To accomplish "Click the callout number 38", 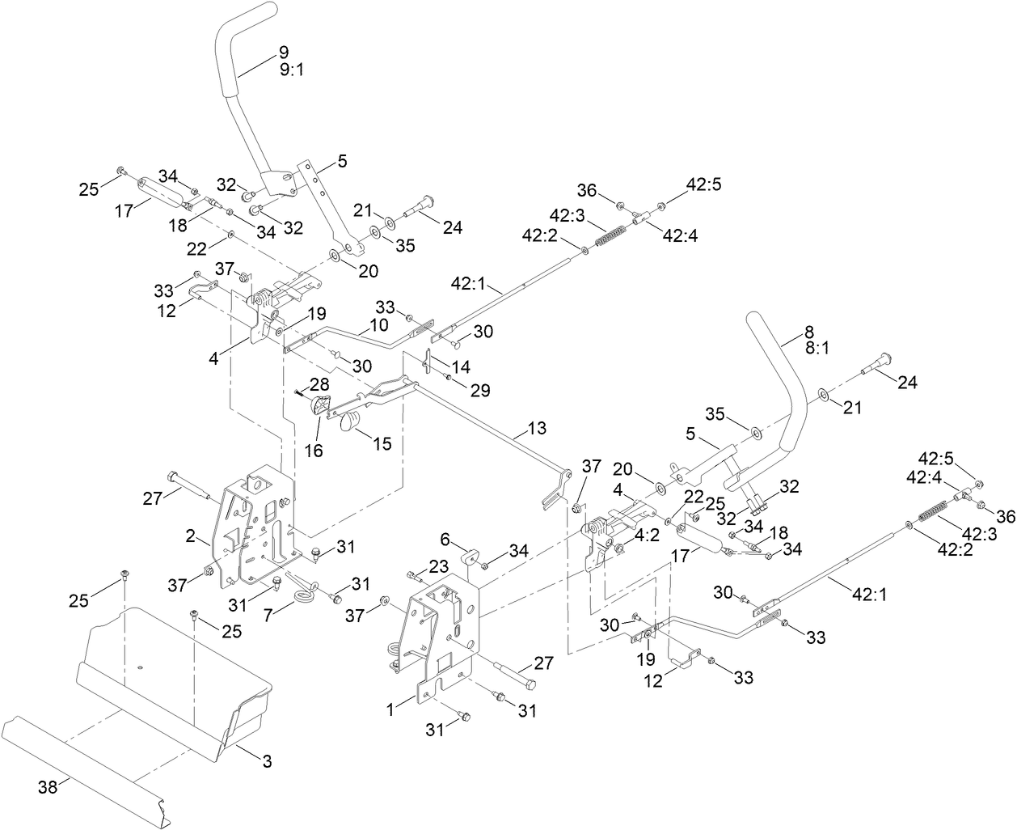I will [x=49, y=786].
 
